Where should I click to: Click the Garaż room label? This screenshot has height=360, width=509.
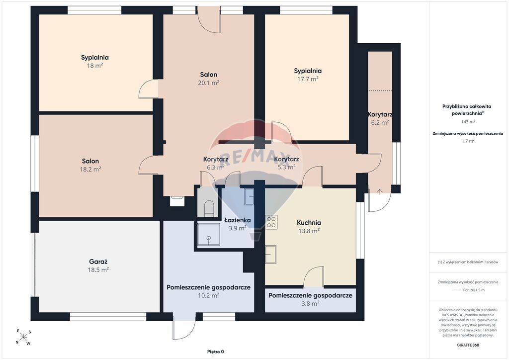point(98,262)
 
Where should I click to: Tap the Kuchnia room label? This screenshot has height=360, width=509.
point(309,223)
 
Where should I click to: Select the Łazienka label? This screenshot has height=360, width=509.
point(238,220)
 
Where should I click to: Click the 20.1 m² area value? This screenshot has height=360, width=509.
point(208,83)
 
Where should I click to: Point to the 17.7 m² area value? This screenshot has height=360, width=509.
point(308,79)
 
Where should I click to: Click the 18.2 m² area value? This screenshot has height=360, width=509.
point(90,169)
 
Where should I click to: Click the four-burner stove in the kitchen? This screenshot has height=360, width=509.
point(271,222)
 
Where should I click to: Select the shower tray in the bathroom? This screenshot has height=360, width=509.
point(209,234)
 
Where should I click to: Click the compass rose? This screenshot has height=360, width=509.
point(23,337)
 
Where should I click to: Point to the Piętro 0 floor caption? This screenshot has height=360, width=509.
point(216,352)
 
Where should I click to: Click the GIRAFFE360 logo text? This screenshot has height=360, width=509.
point(468,345)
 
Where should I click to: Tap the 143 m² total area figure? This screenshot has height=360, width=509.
point(468,122)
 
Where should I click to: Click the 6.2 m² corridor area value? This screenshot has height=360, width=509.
point(380,123)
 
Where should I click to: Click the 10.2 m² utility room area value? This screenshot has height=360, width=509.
point(208,295)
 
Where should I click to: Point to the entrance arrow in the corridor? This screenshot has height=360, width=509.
point(380,191)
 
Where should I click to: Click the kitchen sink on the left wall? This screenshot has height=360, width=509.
point(271,254)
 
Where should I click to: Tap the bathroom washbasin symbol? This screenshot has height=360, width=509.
point(250,197)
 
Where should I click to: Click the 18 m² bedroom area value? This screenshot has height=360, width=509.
point(95,66)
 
